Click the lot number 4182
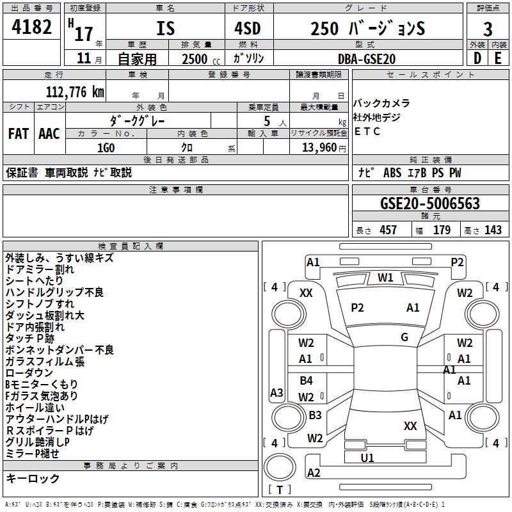point(32,28)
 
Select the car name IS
point(165,29)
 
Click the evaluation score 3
point(488,29)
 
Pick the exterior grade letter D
point(477,58)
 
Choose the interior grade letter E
point(499,58)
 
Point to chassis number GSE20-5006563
point(429,204)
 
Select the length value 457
point(388,230)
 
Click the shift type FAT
point(18,133)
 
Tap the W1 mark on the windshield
point(385,277)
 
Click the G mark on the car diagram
point(404,337)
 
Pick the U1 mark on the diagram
point(367,458)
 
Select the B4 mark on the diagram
point(307,381)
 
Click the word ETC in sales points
point(367,131)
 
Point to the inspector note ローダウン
point(29,372)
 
